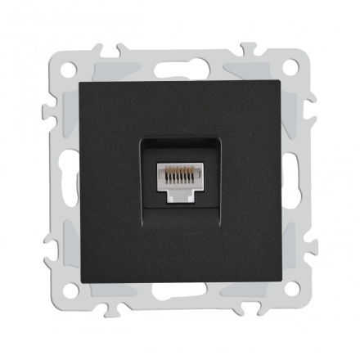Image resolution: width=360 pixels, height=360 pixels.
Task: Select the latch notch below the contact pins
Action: [x=179, y=196]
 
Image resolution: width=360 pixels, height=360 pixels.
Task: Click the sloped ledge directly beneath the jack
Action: [x=179, y=214]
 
